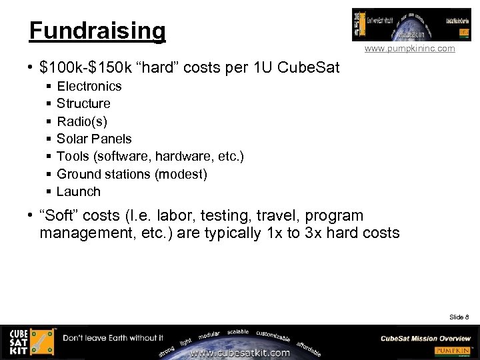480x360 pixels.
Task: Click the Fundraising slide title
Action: (x=97, y=31)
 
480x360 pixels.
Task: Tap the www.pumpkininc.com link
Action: (x=410, y=49)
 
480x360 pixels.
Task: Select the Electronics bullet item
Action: (x=89, y=86)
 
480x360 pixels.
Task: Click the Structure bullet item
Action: (x=83, y=103)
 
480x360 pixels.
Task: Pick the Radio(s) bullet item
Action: (x=81, y=121)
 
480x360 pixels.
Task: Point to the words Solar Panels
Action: (x=94, y=139)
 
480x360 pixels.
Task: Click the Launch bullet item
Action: (x=79, y=191)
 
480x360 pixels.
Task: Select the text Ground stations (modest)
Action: (x=132, y=174)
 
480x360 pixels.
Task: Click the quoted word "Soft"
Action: (x=60, y=216)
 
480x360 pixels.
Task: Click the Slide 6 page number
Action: (x=459, y=317)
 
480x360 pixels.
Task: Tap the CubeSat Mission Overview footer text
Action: (x=425, y=338)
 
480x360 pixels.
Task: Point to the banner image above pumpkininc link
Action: (x=402, y=25)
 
